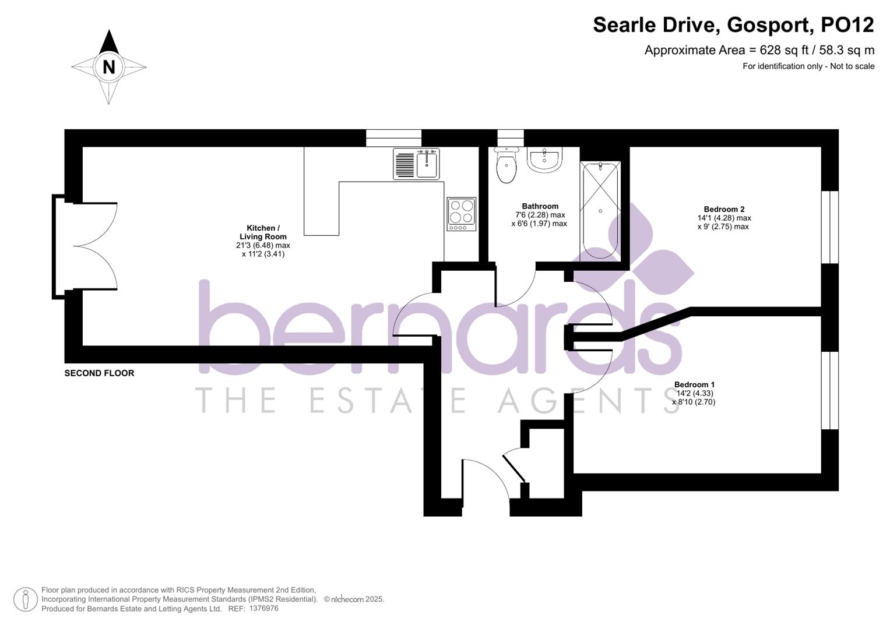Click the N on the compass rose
[x=108, y=67]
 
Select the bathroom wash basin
[x=544, y=160]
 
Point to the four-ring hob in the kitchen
[x=462, y=214]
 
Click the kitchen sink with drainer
[x=416, y=164]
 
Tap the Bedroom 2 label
[x=724, y=209]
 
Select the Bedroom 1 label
[x=694, y=384]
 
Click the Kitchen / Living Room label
[x=263, y=232]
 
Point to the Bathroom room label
[x=540, y=206]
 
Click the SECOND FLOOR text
[x=99, y=373]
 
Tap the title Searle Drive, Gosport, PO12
[x=733, y=25]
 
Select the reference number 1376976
[x=263, y=608]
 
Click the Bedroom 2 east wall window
[x=829, y=227]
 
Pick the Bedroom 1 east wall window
[x=829, y=390]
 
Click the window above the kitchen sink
[x=393, y=138]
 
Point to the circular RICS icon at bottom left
[x=25, y=599]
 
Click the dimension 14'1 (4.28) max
[x=724, y=218]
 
